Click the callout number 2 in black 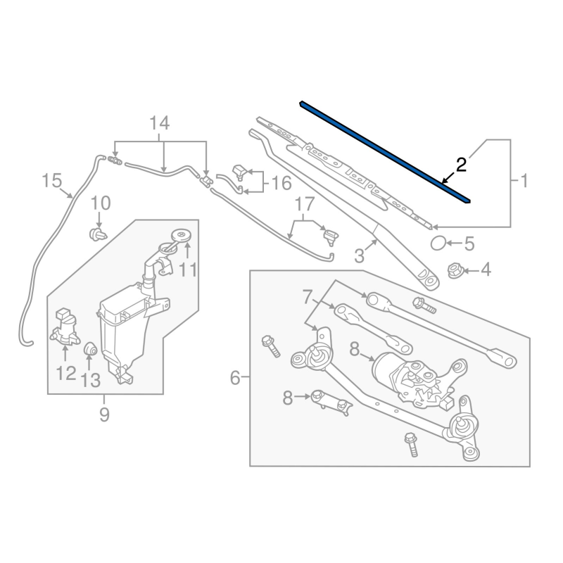tap(461, 165)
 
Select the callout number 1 tap(522, 182)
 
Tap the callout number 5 tap(469, 244)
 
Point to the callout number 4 tap(486, 270)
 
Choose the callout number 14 tap(160, 123)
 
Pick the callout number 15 tap(52, 181)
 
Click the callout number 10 tap(101, 203)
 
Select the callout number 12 tap(66, 372)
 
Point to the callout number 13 tap(91, 380)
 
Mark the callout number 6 tap(235, 379)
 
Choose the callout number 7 tap(307, 297)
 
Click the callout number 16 tap(281, 184)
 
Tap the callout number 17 tap(304, 205)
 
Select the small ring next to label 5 tap(438, 244)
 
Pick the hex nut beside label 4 tap(454, 270)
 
